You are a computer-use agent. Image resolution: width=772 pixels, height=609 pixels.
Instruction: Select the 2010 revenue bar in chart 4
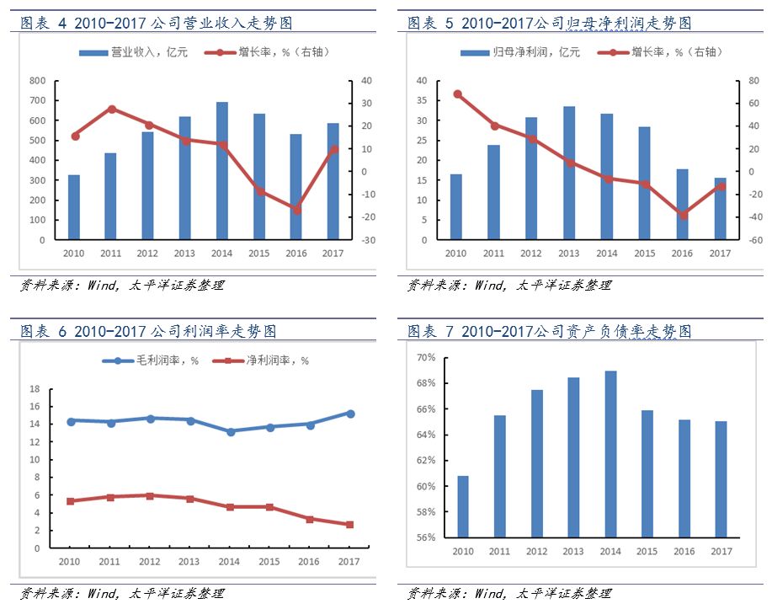pos(74,207)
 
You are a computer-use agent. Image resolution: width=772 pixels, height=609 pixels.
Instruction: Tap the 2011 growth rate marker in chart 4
pos(111,109)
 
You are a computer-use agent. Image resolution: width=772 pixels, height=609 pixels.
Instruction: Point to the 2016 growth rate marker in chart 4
pos(296,210)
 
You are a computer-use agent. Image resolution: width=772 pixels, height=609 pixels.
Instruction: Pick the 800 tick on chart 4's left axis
pos(37,81)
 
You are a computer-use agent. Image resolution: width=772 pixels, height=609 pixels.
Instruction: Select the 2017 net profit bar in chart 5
pos(720,209)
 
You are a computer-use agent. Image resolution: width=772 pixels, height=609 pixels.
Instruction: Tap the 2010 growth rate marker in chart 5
pos(457,93)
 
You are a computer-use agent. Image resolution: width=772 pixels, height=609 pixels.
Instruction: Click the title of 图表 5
pos(549,23)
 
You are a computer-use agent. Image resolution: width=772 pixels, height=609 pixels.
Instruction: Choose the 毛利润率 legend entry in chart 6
pos(152,361)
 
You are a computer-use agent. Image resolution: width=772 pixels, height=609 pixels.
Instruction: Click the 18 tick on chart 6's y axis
pos(35,389)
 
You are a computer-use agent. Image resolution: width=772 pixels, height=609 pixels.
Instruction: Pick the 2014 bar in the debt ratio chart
pos(611,454)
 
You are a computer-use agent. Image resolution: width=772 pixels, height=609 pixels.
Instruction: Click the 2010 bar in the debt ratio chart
pos(463,506)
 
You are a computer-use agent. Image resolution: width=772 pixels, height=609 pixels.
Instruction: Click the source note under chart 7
pos(508,594)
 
